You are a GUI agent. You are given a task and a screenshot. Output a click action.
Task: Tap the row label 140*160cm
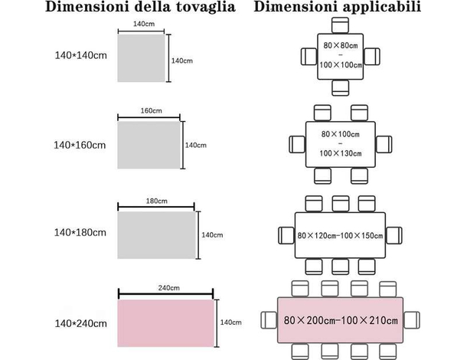point(80,145)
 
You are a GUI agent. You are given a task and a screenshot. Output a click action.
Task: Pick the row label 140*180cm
point(80,231)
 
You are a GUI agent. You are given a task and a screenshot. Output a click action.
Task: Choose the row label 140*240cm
point(80,324)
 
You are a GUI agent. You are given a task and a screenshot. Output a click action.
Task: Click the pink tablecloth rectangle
point(166,322)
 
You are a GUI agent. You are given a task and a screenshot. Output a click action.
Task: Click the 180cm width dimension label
point(156,201)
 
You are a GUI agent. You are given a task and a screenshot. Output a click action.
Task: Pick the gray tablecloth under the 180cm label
point(156,234)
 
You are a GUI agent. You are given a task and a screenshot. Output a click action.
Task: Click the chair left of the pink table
point(266,319)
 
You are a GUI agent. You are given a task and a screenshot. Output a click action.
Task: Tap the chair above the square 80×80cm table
point(340,27)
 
